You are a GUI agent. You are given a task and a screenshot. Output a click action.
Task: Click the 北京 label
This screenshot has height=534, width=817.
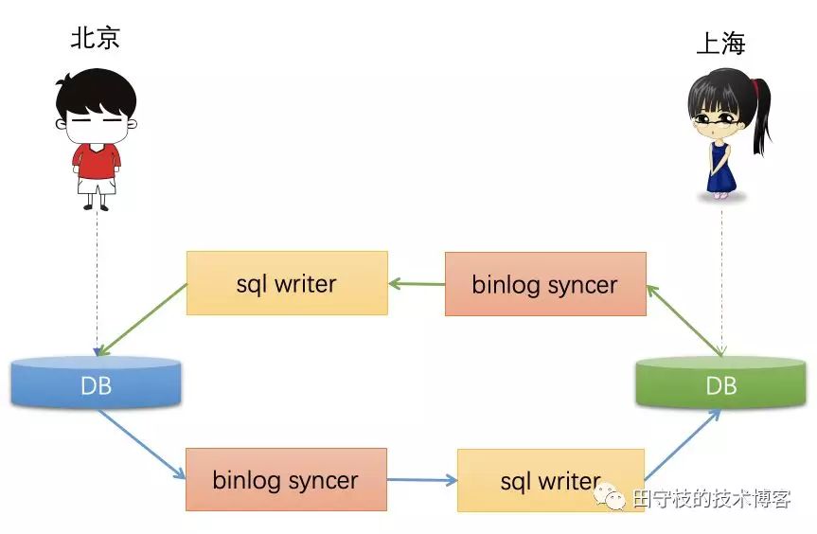point(96,37)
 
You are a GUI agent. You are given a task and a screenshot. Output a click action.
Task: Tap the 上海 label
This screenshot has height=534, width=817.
point(720,44)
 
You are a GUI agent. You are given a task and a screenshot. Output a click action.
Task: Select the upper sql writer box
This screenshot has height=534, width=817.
point(287,283)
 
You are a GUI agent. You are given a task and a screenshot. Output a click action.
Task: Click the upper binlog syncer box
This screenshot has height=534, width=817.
point(545,283)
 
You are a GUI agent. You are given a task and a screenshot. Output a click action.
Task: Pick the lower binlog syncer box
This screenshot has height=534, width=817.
point(286,480)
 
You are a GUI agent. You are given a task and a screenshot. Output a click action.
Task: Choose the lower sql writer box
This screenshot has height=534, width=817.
point(551,481)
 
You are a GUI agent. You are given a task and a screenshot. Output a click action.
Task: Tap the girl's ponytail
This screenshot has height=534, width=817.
point(760,118)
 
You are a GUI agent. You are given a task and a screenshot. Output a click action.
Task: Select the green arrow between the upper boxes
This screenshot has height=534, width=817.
point(417,282)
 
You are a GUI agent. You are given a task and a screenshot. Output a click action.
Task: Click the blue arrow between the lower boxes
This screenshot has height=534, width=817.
point(422,480)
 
